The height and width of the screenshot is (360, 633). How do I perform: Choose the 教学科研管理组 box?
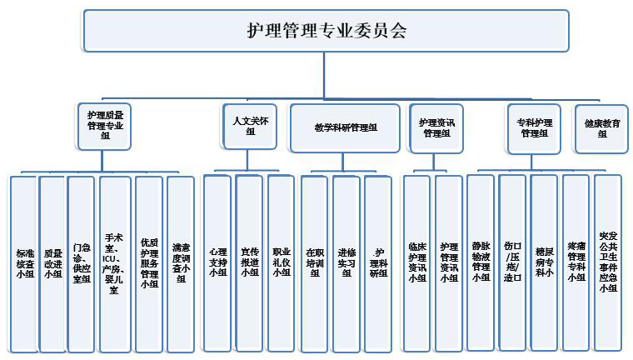tap(346, 128)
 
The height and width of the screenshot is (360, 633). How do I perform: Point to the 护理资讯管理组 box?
tap(436, 127)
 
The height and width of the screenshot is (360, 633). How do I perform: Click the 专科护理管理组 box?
tap(534, 127)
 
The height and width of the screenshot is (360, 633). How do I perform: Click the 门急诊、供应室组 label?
tap(81, 259)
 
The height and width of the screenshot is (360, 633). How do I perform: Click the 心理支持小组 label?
tap(217, 261)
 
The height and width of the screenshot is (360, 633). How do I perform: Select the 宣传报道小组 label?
tap(249, 261)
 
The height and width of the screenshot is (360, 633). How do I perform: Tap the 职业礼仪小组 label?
tap(281, 261)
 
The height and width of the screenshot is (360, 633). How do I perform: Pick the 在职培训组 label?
tap(314, 261)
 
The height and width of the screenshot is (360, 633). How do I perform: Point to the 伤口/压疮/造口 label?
tap(512, 261)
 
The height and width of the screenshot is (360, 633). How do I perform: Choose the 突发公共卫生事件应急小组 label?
tap(607, 261)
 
